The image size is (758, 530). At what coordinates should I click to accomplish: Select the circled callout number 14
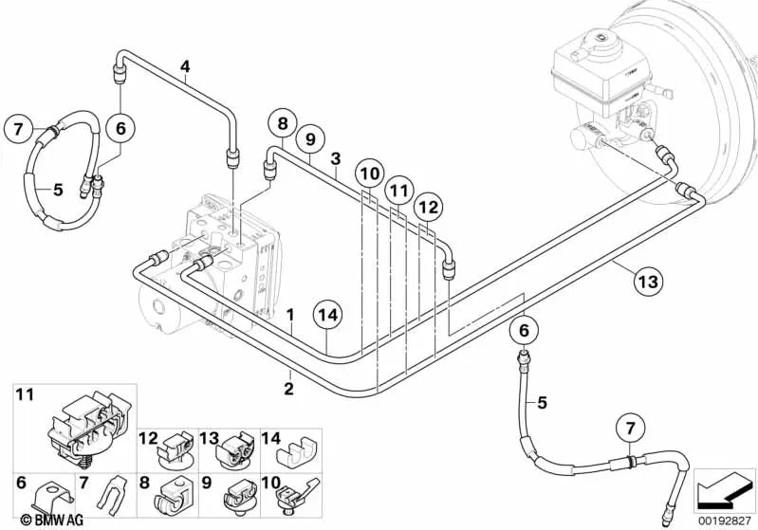pos(327,318)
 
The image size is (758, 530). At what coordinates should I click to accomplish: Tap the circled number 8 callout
pos(281,123)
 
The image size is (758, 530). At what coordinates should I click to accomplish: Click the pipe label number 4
pos(186,65)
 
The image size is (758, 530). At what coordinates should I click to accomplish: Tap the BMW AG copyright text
pos(35,519)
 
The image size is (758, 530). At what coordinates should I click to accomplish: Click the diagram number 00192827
pos(725,520)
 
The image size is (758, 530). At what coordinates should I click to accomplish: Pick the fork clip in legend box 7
pos(110,491)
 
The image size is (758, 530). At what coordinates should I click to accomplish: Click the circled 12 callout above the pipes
pos(428,205)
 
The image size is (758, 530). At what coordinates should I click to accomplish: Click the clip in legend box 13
pos(232,449)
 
